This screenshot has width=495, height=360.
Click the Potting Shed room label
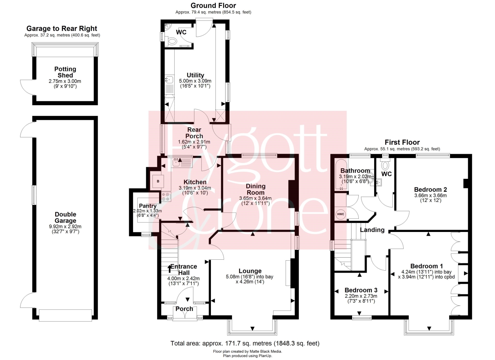[x=65, y=72]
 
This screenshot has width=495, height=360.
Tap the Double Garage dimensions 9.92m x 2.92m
[x=65, y=226]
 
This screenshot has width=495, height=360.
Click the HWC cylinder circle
[x=341, y=214]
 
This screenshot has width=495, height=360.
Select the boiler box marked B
[x=158, y=181]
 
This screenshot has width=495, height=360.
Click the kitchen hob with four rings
[x=166, y=197]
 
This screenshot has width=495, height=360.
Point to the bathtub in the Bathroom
[x=341, y=175]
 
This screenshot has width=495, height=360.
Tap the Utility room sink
[x=170, y=79]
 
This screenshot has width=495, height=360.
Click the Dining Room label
[x=255, y=189]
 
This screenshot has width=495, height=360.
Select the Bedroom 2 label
[x=430, y=189]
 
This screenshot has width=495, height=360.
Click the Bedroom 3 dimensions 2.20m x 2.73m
[x=361, y=296]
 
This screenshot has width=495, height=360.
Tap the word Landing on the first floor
[x=372, y=230]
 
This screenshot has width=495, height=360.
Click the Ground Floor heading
[x=213, y=6]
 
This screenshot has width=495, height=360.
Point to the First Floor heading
[x=402, y=142]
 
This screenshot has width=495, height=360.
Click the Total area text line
[x=245, y=343]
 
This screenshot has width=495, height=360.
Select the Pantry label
[x=148, y=206]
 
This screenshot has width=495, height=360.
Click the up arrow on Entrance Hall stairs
[x=170, y=269]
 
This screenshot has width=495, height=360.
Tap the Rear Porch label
[x=194, y=133]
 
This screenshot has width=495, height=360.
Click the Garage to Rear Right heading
[x=62, y=28]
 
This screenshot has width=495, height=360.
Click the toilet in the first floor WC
[x=385, y=165]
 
